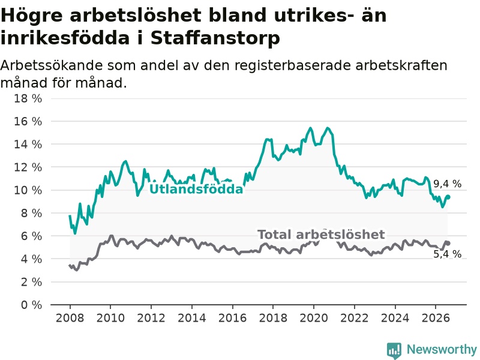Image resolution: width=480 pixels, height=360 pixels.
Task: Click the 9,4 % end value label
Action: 447,184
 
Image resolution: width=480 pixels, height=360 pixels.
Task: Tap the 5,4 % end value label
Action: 447,254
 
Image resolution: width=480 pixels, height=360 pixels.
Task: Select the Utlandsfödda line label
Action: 196,189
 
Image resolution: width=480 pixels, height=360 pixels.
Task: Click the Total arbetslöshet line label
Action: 321,235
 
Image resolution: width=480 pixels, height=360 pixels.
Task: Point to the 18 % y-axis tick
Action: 28,98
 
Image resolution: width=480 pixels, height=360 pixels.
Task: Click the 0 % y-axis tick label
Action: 31,305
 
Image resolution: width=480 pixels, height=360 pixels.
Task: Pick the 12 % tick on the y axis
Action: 28,167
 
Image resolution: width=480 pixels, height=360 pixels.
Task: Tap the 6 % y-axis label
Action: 31,236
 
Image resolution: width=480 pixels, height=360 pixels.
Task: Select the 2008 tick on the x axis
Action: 70,318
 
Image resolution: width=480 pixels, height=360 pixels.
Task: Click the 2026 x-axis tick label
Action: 436,318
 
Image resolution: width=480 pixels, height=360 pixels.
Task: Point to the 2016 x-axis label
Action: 232,318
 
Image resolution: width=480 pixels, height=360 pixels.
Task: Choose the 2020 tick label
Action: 314,318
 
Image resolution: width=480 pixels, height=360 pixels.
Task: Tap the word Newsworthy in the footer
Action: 442,349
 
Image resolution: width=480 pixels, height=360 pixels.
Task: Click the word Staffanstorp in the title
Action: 215,38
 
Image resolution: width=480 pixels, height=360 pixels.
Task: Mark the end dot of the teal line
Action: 448,197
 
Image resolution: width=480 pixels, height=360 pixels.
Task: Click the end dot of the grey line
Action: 448,243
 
